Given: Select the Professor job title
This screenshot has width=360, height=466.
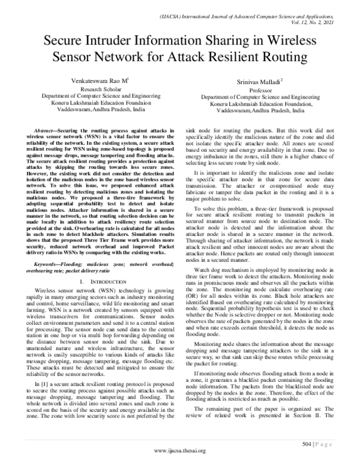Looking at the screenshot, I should pos(261,89).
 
